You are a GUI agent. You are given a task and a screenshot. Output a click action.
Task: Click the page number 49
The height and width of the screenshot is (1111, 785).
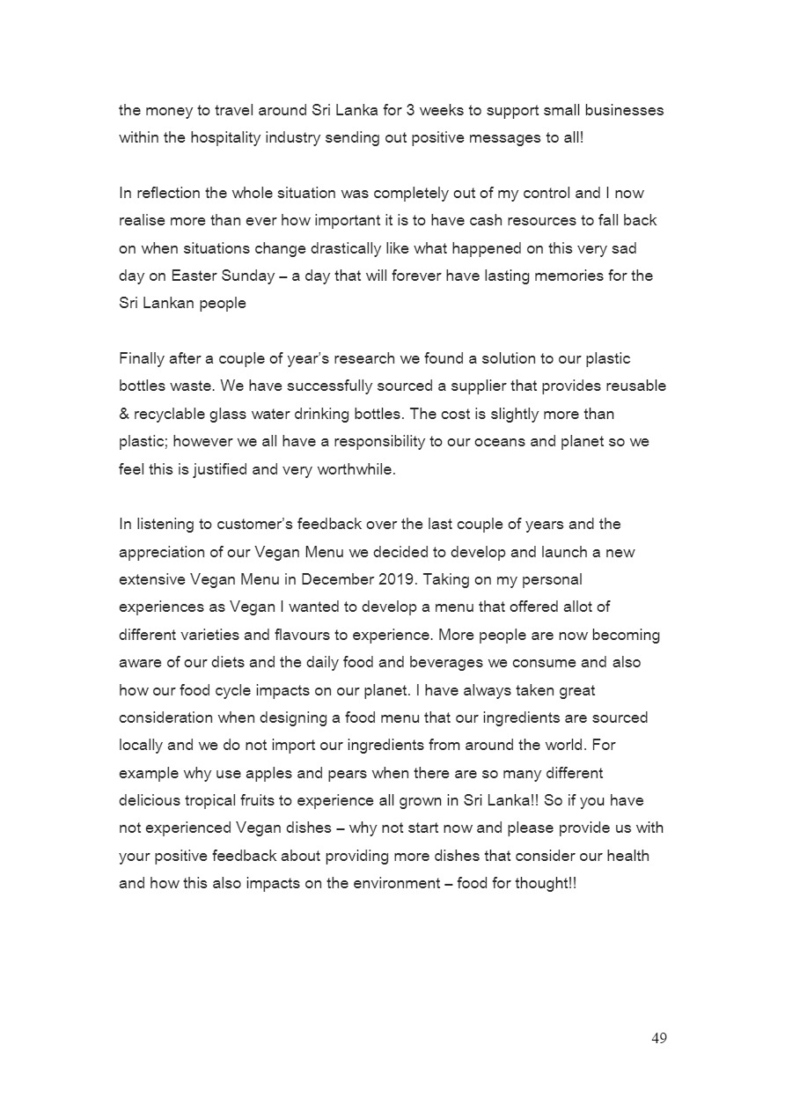659,1038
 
